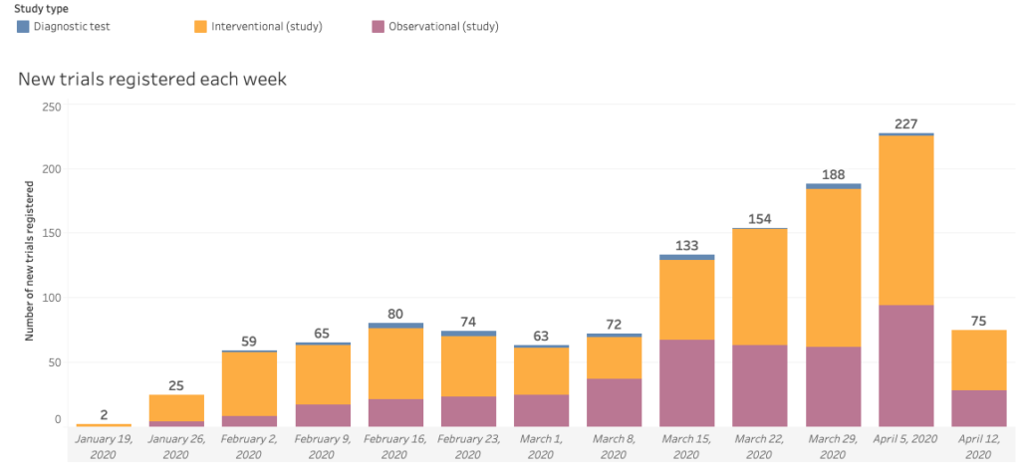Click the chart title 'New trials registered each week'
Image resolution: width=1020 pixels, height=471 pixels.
[152, 79]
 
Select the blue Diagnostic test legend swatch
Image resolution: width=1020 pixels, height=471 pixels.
[23, 27]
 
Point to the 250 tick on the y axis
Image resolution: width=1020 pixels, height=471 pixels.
[51, 107]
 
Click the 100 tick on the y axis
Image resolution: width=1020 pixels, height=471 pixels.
[51, 298]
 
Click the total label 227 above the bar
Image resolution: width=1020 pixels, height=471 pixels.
[905, 124]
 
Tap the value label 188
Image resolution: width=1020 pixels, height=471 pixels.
[833, 174]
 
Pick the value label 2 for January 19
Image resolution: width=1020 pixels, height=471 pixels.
[104, 414]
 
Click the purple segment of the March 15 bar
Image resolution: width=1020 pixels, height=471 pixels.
[686, 383]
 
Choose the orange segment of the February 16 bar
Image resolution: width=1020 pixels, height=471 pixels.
[395, 363]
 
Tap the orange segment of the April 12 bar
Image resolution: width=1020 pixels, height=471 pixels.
[978, 359]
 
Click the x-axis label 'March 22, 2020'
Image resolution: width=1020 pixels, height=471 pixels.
[759, 447]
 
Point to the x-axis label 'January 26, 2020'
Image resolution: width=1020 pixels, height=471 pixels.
[176, 447]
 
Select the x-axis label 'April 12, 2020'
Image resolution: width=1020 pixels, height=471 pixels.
[978, 447]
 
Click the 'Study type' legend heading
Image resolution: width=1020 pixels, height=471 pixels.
[41, 9]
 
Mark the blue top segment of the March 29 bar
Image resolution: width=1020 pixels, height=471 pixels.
[833, 186]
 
